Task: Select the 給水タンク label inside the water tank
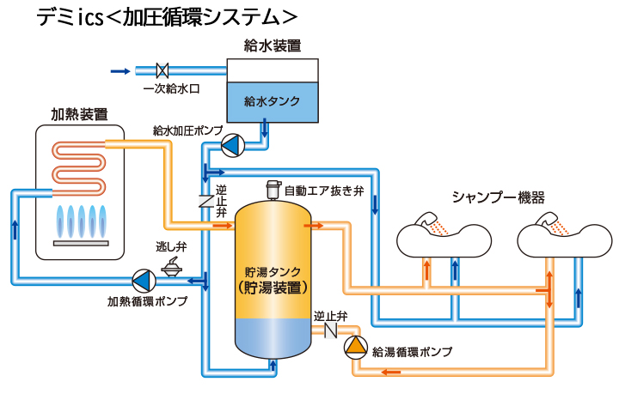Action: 272,101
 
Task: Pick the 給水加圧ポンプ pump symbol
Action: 232,145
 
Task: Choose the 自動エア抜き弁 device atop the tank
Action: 273,190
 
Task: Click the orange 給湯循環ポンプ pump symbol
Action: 355,347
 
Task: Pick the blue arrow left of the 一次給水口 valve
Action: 121,70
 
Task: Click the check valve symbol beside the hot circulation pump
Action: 329,331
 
